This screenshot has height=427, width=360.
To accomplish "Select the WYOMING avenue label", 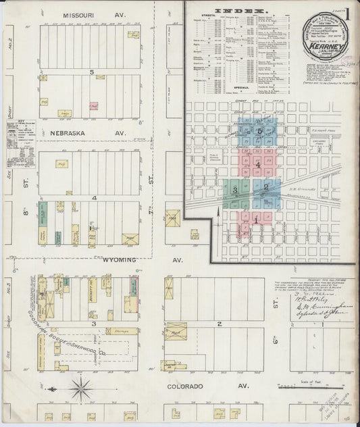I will pyautogui.click(x=120, y=259).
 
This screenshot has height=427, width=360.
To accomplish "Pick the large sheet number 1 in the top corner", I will pyautogui.click(x=348, y=14).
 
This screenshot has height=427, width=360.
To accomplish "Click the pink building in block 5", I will pyautogui.click(x=94, y=106).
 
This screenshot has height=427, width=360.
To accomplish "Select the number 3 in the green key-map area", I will pyautogui.click(x=234, y=191).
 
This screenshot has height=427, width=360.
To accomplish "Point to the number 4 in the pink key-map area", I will pyautogui.click(x=257, y=164).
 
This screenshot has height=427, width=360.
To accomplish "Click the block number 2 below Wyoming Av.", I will pyautogui.click(x=220, y=324).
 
